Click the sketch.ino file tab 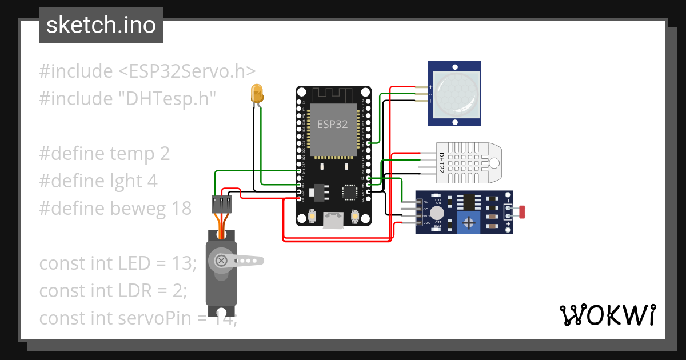(x=101, y=25)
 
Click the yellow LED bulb (x=257, y=93)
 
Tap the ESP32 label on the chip (x=332, y=124)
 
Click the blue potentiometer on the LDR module (x=469, y=222)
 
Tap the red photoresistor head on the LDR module (x=520, y=213)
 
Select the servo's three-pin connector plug (x=222, y=204)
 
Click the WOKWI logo (x=607, y=315)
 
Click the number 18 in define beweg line (x=181, y=209)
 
